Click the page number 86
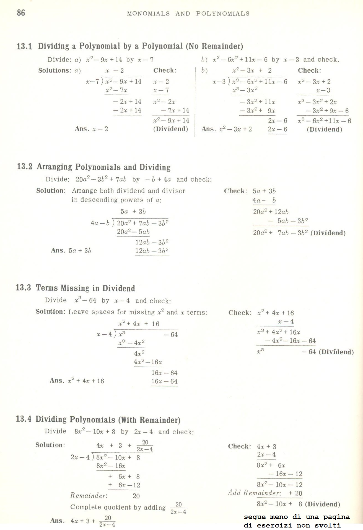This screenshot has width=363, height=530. click(x=21, y=13)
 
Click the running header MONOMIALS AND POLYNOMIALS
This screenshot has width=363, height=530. click(x=188, y=14)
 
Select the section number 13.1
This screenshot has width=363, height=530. click(x=24, y=46)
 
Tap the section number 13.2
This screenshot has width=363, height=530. click(x=25, y=167)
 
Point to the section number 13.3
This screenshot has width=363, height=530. click(x=24, y=287)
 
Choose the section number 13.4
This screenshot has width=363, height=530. click(x=24, y=419)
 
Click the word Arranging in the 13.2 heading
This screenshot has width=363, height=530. click(x=54, y=167)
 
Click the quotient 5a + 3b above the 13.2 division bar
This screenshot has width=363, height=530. click(x=133, y=212)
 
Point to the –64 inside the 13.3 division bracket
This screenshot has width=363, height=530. click(x=171, y=335)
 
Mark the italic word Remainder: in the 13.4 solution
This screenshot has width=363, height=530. click(x=89, y=495)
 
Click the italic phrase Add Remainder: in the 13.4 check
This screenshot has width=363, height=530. click(x=255, y=493)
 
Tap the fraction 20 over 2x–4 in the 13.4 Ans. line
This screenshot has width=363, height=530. click(x=107, y=521)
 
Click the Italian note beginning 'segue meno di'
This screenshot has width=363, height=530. click(x=297, y=521)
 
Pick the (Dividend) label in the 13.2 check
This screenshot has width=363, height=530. click(x=328, y=233)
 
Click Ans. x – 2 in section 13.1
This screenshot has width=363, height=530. click(x=91, y=129)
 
